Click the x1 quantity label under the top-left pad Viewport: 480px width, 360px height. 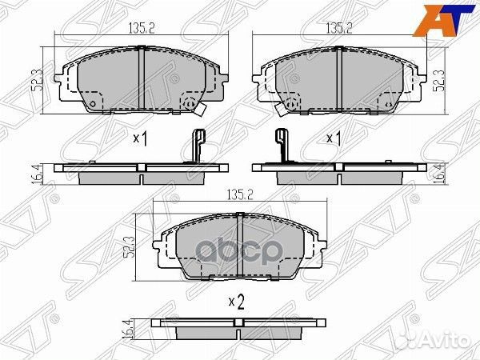(141, 138)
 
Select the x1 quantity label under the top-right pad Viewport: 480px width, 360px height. (334, 138)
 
